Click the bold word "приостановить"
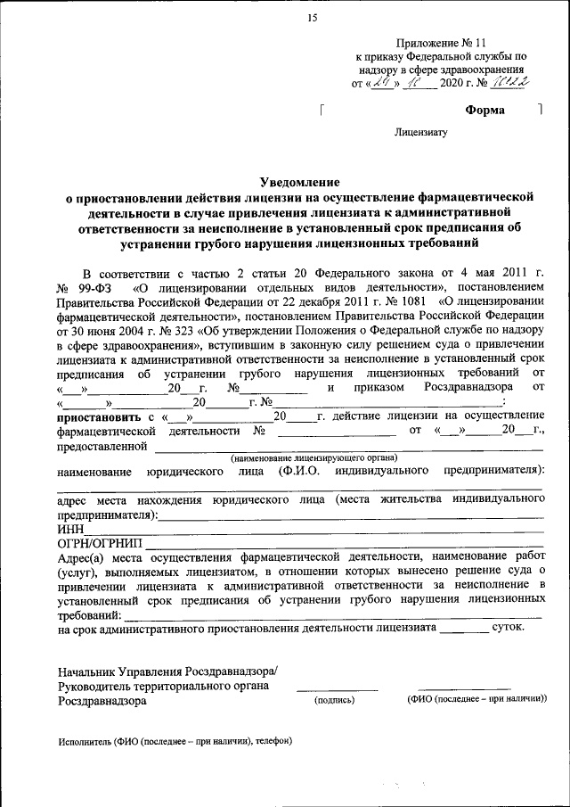95,416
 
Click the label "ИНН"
70,529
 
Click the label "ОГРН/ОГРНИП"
99,542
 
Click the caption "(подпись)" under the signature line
334,701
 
